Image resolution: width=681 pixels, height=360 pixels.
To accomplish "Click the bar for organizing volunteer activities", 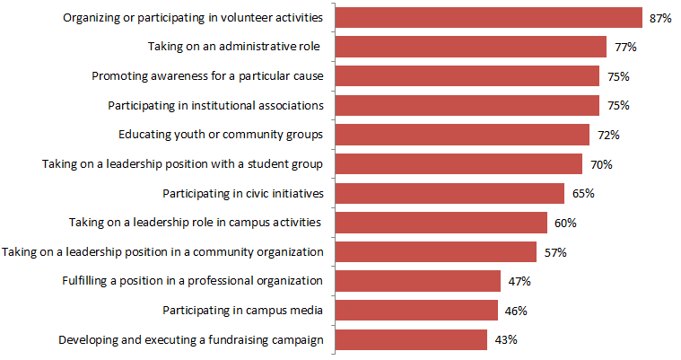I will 489,18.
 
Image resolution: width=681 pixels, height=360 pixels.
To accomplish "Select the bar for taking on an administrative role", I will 471,47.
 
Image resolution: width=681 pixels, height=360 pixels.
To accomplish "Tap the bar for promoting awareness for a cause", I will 467,75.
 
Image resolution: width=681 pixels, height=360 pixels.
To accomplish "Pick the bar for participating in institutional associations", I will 467,105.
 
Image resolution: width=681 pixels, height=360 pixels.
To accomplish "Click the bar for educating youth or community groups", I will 462,135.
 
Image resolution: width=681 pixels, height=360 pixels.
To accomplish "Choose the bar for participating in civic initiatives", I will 450,193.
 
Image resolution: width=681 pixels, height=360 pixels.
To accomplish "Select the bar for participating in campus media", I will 416,311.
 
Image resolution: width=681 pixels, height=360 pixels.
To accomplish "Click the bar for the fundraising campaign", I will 411,339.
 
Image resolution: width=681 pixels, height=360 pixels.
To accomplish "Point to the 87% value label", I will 660,18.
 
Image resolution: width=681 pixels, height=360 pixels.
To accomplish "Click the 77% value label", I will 625,47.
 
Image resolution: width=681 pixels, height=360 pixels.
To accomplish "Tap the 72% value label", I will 607,135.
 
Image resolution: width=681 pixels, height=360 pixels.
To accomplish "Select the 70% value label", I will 600,164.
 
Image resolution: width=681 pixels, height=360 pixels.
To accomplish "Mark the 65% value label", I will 582,193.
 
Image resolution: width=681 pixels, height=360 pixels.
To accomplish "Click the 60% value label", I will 565,223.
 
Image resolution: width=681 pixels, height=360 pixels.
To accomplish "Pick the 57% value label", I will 554,252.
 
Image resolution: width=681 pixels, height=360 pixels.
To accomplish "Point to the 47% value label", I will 519,281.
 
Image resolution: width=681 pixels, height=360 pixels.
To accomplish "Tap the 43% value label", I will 505,339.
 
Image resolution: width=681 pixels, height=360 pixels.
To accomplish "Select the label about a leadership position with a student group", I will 182,164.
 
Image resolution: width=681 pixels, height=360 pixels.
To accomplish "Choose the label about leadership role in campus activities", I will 196,223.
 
